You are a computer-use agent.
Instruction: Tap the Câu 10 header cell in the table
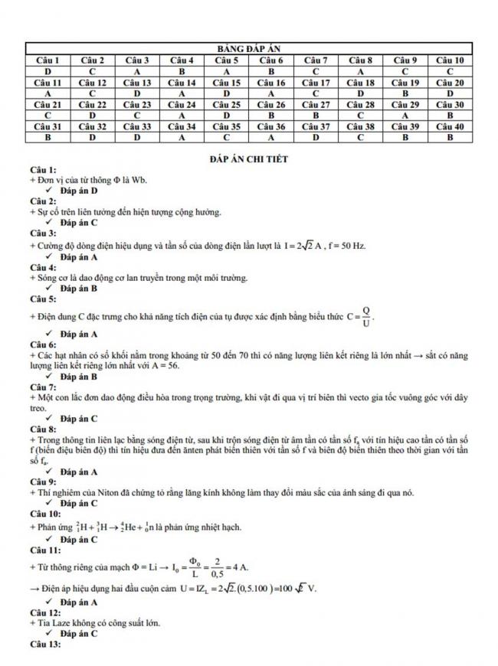point(450,60)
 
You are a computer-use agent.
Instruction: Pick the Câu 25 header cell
point(228,105)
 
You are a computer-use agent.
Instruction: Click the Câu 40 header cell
point(450,126)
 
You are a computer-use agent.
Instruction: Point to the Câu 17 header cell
point(316,83)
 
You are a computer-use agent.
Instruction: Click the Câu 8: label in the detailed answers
point(43,430)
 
